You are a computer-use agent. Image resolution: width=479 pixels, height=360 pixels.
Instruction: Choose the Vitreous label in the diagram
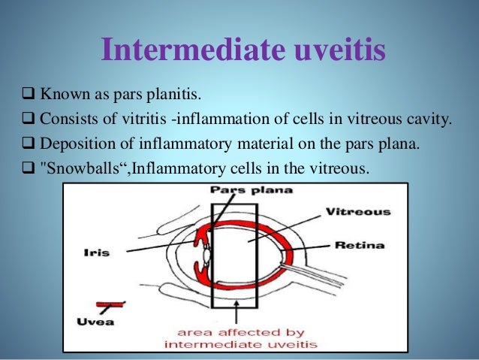tap(357, 212)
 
